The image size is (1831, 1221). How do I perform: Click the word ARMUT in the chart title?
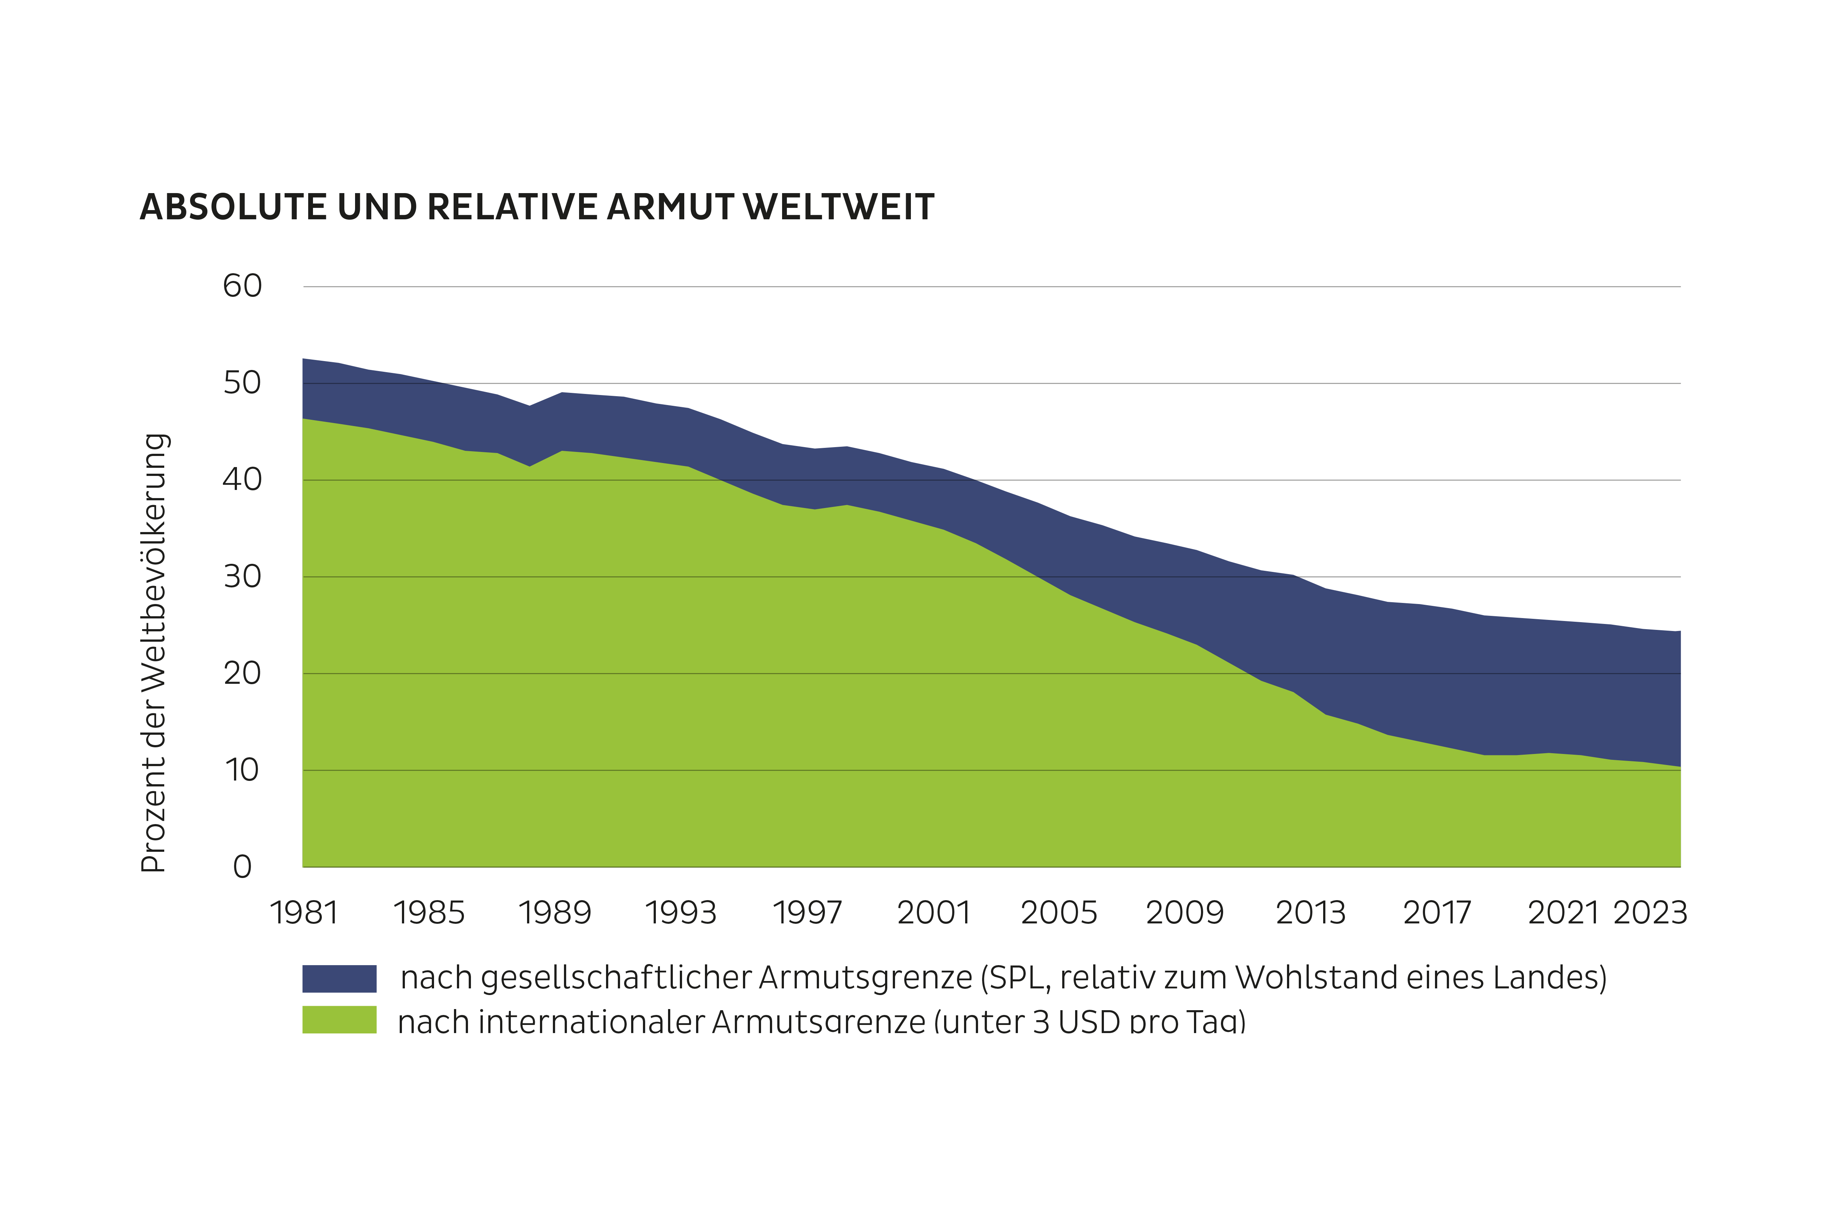[670, 208]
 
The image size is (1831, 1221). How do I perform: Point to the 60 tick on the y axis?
[242, 287]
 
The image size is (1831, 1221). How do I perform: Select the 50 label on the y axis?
[242, 383]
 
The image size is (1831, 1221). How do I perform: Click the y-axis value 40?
[242, 480]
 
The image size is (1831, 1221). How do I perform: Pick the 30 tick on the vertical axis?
[242, 577]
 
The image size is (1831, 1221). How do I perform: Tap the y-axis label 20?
[242, 673]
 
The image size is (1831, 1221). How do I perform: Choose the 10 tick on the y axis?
[242, 770]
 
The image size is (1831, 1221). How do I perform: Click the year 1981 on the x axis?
[304, 913]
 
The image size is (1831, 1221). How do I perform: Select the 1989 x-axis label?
[555, 913]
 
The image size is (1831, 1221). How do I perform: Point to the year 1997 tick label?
[807, 913]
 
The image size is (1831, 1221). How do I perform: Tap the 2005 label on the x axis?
[1059, 913]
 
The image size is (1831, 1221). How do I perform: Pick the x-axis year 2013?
[1311, 913]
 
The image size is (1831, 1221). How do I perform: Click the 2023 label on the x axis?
[1649, 913]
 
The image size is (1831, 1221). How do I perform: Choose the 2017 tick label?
[1437, 913]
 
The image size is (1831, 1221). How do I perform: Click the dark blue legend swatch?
[340, 978]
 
